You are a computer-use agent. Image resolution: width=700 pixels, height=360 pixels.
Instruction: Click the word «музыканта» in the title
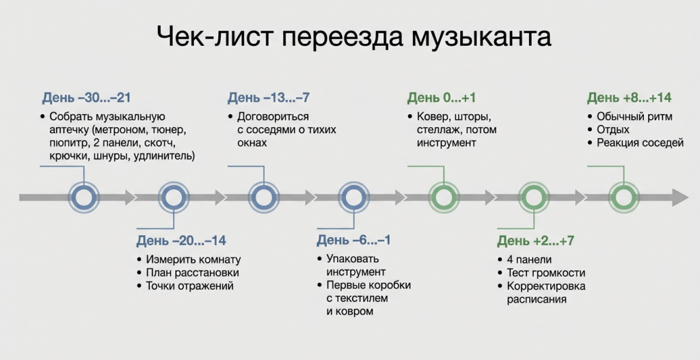(x=481, y=38)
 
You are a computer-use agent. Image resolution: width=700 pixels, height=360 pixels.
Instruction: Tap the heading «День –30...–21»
(x=86, y=98)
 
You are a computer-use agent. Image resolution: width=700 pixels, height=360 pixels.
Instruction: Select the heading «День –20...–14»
(x=181, y=240)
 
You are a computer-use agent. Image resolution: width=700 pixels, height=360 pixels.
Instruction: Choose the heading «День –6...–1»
(x=353, y=240)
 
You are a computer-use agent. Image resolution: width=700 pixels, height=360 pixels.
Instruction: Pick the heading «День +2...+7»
(x=536, y=241)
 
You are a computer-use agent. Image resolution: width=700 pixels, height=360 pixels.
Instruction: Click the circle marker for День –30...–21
(x=83, y=197)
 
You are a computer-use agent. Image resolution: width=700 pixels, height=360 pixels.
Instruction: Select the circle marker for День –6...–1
(x=353, y=197)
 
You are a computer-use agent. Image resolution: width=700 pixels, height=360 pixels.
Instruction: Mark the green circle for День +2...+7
(x=533, y=197)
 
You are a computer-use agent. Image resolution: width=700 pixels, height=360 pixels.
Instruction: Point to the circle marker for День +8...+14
(x=623, y=197)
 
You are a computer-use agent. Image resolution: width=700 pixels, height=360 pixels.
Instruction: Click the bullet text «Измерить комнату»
(x=193, y=260)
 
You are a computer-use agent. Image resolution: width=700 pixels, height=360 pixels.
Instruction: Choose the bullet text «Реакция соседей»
(x=640, y=143)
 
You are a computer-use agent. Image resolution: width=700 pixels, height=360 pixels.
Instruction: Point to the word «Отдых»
(x=613, y=130)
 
